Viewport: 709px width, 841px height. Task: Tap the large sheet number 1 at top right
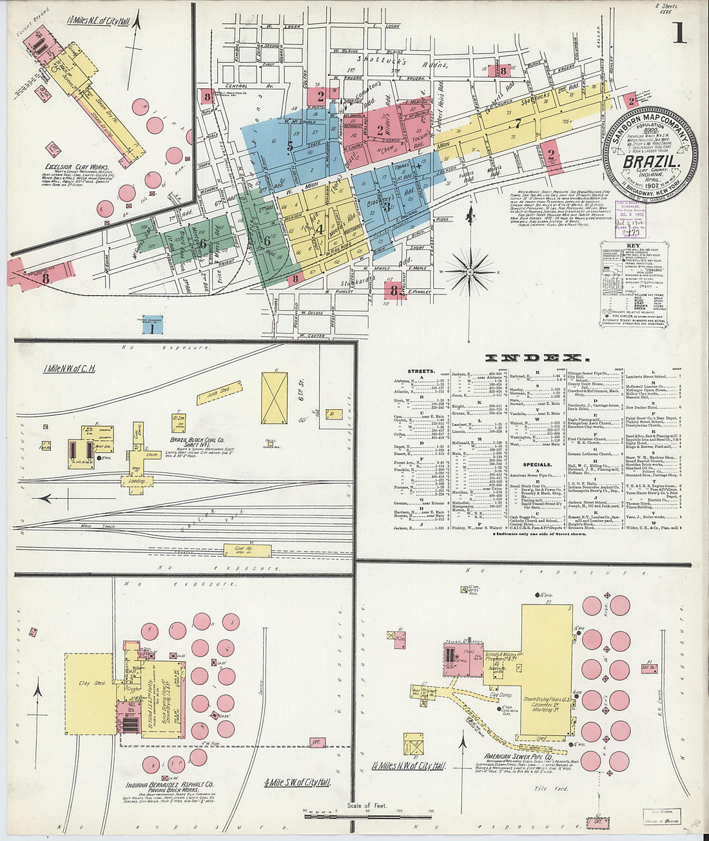(679, 32)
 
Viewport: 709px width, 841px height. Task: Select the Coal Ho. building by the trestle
(238, 550)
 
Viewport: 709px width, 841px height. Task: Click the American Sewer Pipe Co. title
(518, 757)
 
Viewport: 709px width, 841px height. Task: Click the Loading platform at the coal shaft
(136, 481)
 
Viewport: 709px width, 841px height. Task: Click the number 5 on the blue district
(290, 146)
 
